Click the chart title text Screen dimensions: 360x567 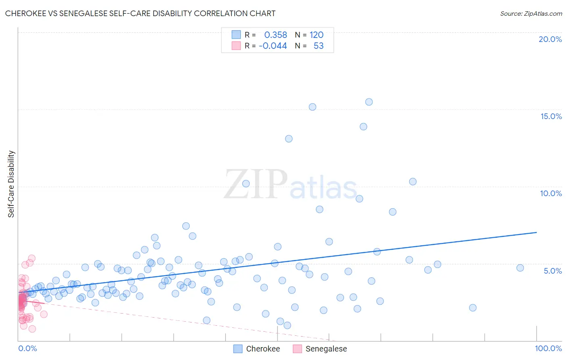tap(140, 13)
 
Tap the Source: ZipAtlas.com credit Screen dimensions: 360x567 tap(531, 13)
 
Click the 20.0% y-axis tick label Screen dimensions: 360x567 tap(550, 39)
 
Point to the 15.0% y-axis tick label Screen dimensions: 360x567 tap(551, 116)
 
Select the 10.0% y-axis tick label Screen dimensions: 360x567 tap(551, 193)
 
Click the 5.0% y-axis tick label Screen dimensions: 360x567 tap(552, 270)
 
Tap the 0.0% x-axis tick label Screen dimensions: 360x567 tap(27, 348)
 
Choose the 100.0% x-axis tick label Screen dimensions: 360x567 tap(548, 348)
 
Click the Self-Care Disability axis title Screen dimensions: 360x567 tap(11, 184)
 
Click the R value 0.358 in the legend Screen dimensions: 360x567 tap(275, 35)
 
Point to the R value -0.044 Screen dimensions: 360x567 tap(273, 46)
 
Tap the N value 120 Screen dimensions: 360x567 tap(317, 35)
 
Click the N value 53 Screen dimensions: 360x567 tap(319, 46)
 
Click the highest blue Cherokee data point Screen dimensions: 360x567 tap(369, 102)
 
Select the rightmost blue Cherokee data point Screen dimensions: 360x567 tap(520, 268)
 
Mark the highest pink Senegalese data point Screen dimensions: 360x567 tap(32, 258)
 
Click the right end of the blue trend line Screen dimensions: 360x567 tap(536, 232)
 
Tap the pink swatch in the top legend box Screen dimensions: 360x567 tap(236, 46)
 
